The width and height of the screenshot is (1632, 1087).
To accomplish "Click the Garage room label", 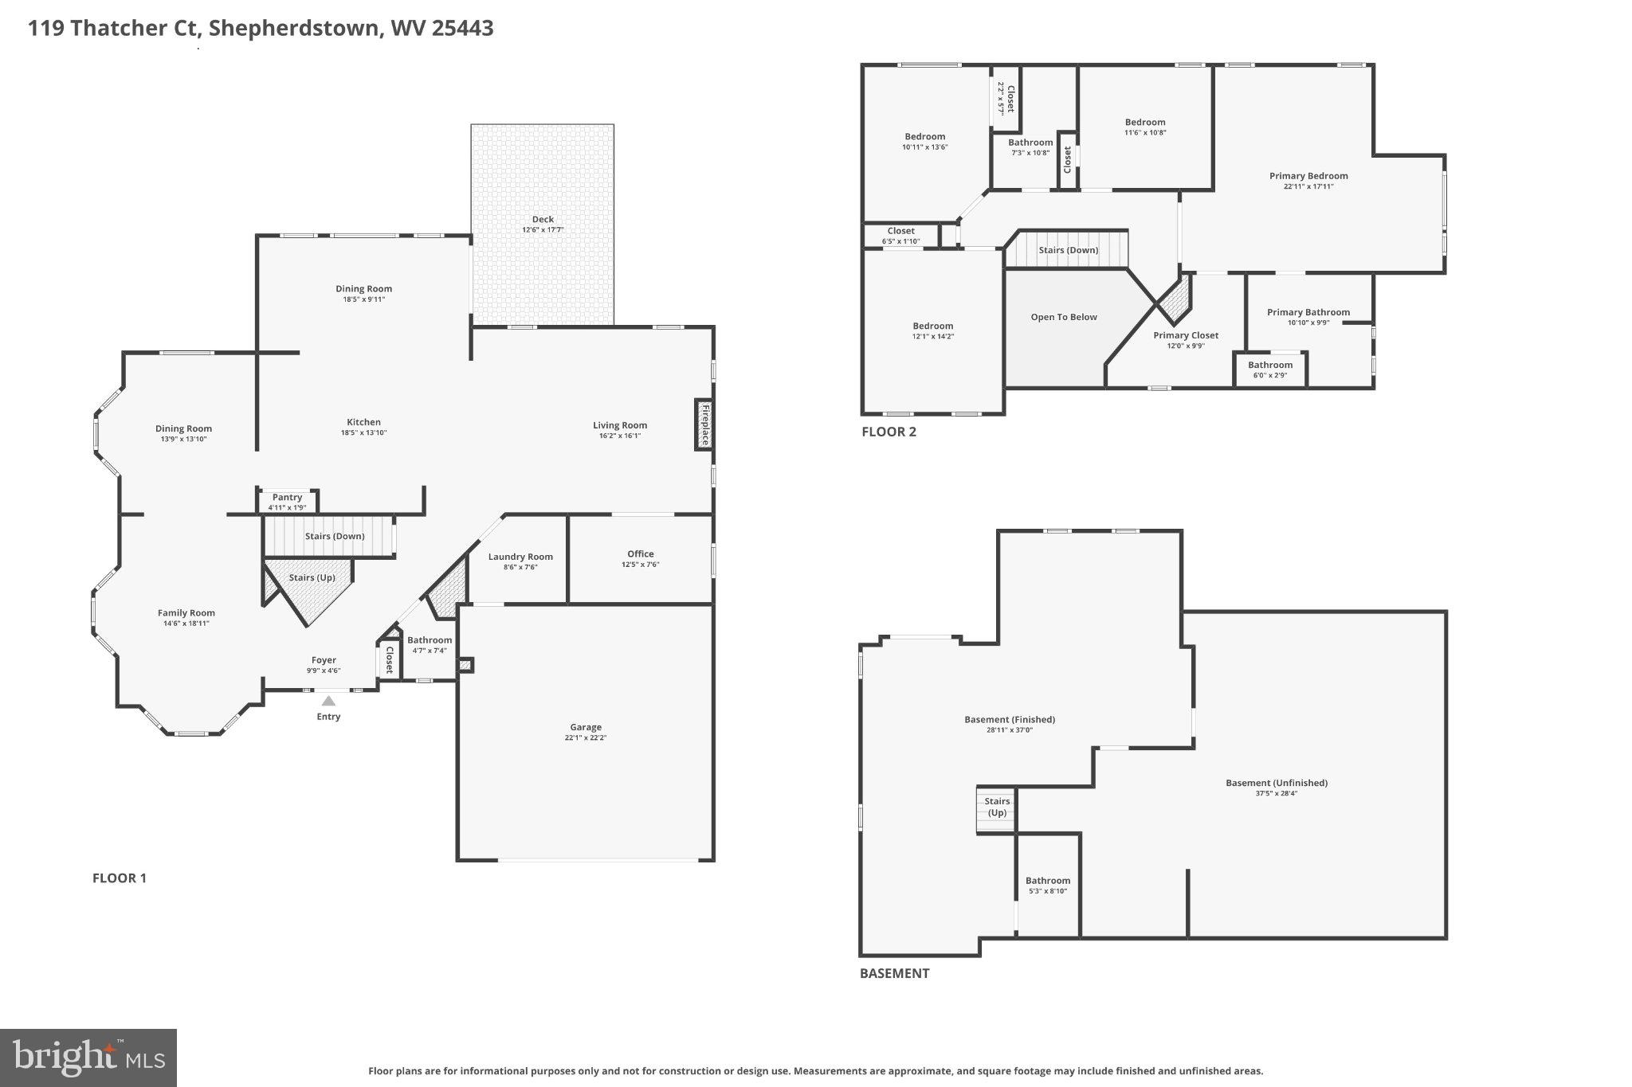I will (x=586, y=727).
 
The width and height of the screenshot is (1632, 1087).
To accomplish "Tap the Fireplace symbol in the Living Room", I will (x=704, y=424).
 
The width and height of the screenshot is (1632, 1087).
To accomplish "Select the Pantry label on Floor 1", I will (x=287, y=497).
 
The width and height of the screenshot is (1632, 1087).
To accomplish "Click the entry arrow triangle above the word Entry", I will (x=328, y=701).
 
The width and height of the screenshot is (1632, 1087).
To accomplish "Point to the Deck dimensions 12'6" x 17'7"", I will (x=543, y=230).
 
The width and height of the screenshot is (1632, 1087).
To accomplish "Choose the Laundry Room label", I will (x=520, y=557).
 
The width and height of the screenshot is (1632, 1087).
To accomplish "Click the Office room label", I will (x=640, y=553).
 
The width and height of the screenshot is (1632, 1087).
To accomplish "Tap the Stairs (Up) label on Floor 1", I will (x=312, y=577).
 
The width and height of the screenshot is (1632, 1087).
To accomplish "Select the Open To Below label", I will (x=1064, y=317).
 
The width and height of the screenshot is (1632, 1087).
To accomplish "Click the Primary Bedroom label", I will (x=1308, y=176).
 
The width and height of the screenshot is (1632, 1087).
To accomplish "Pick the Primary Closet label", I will (x=1186, y=335).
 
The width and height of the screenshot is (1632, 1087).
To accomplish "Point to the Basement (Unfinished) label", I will (x=1277, y=783).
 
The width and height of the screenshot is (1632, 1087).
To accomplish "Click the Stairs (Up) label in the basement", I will (x=997, y=807).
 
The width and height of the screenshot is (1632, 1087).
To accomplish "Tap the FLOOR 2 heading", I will (x=889, y=432).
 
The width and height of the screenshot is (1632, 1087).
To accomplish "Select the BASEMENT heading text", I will (x=894, y=973).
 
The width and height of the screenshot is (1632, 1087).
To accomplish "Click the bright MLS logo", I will (x=88, y=1058).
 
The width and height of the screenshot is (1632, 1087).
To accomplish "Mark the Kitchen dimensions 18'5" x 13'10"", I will (x=363, y=433).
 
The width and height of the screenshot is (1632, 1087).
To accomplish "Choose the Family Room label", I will (x=186, y=612).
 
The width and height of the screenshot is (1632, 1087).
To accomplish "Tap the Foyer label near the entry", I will (x=324, y=660).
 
